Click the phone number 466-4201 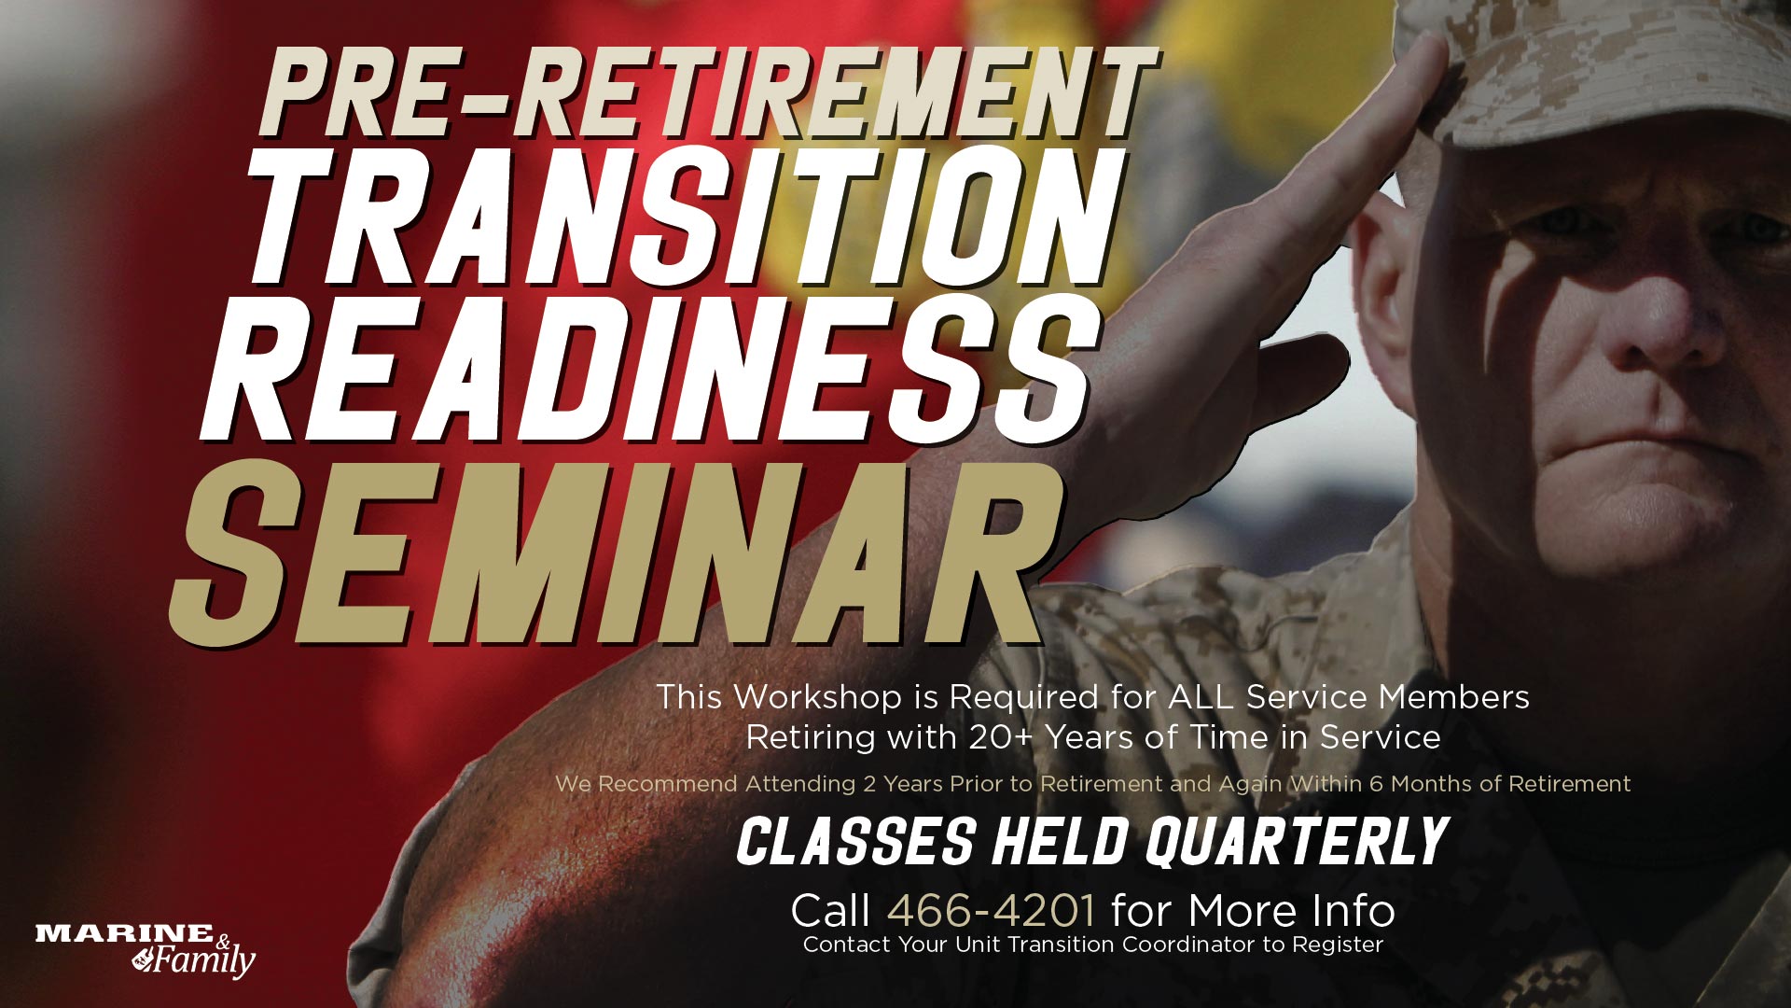(x=991, y=910)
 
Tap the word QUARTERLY (x=1297, y=842)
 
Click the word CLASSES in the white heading (x=855, y=842)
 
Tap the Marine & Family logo (x=146, y=950)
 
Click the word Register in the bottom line (x=1337, y=945)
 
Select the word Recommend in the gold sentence (x=667, y=784)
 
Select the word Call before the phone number (x=830, y=910)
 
